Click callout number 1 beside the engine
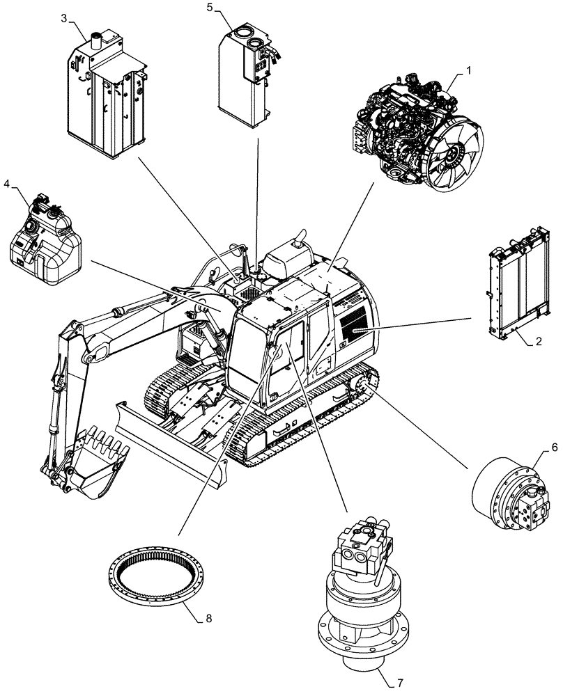pyautogui.click(x=468, y=70)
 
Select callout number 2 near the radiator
pyautogui.click(x=538, y=341)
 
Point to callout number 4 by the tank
pyautogui.click(x=7, y=184)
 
